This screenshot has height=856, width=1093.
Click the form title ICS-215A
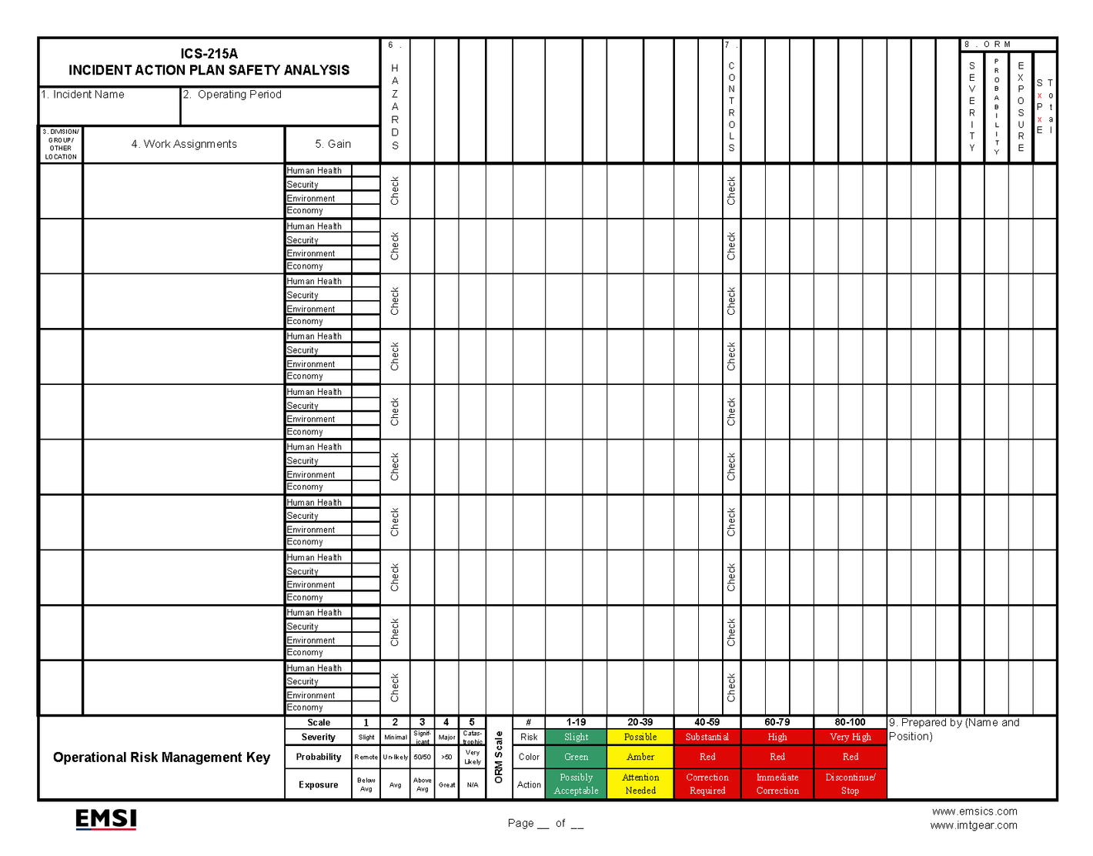209,54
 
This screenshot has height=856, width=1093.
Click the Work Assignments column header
184,144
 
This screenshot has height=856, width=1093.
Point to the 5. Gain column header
333,144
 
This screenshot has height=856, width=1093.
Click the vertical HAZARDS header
395,106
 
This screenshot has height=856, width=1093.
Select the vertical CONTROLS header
731,106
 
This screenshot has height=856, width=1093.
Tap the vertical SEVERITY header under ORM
972,106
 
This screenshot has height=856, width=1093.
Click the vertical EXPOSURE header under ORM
1021,106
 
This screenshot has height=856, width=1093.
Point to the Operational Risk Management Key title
162,757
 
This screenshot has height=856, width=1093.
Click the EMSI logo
106,819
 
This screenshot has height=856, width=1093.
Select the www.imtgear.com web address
974,825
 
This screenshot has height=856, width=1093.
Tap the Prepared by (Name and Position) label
954,729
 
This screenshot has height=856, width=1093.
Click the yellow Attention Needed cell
640,784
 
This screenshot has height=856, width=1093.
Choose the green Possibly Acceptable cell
576,784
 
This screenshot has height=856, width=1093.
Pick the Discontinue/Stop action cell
850,784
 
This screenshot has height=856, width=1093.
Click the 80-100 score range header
850,723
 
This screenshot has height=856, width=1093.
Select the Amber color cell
640,757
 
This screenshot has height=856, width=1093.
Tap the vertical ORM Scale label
499,757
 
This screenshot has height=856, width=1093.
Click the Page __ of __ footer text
545,824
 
